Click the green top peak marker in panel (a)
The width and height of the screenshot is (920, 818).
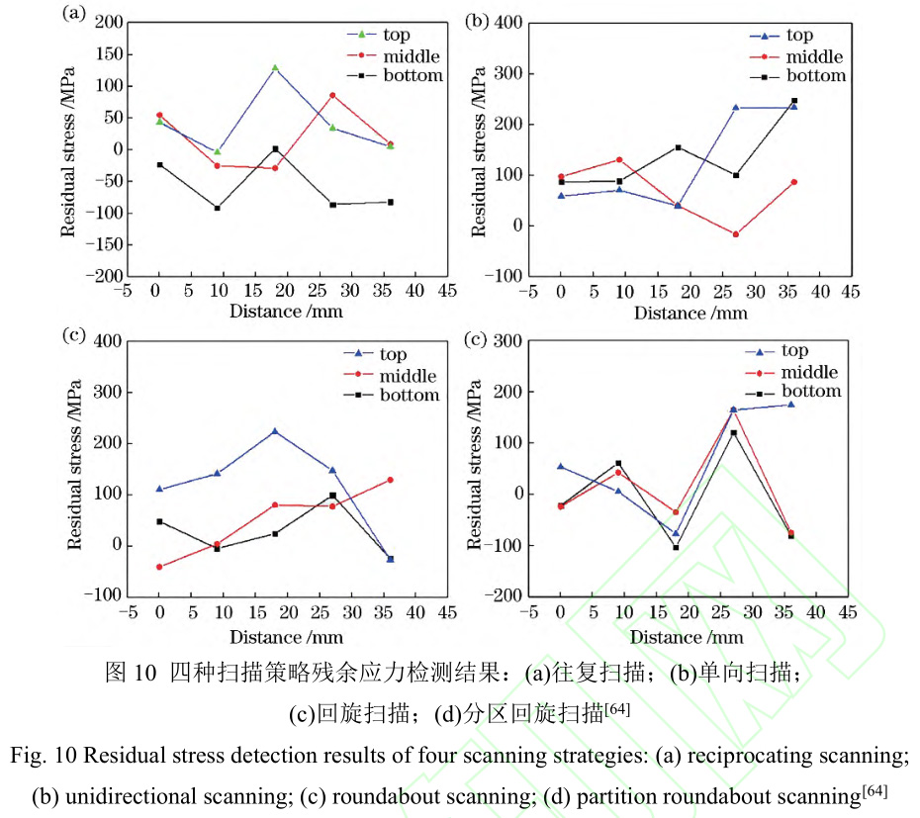(x=275, y=67)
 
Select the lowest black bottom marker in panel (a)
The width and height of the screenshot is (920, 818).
(x=217, y=208)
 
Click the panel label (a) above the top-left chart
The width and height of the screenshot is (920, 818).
(x=72, y=13)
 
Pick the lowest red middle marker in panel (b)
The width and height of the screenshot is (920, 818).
(x=736, y=234)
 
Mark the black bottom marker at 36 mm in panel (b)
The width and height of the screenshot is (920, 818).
(x=793, y=101)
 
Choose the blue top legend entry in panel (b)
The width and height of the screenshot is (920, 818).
(x=797, y=36)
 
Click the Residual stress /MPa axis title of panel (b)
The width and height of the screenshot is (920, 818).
(x=479, y=153)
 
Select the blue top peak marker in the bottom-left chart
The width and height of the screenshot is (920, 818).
(x=275, y=431)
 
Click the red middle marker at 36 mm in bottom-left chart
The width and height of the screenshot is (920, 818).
(x=390, y=480)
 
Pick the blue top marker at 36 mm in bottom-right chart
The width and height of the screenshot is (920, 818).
(x=791, y=404)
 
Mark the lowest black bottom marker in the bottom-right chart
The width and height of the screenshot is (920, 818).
(x=677, y=548)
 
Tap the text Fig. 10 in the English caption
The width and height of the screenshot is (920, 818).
(x=41, y=757)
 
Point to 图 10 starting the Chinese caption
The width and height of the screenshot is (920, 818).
(x=131, y=675)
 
